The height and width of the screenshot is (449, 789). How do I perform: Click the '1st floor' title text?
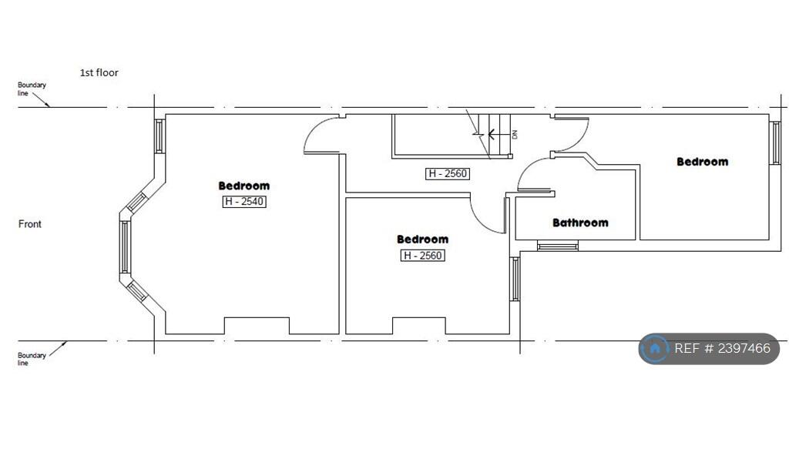(x=99, y=72)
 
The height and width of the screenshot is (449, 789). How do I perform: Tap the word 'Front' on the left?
(x=30, y=224)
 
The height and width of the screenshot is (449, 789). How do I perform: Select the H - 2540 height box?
(x=244, y=202)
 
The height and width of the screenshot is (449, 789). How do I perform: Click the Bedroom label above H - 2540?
(x=244, y=186)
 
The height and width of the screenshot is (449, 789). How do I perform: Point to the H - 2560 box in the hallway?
(x=448, y=173)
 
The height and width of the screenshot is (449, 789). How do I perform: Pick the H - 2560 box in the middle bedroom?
(x=422, y=256)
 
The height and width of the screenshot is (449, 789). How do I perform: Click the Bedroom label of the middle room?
(x=422, y=240)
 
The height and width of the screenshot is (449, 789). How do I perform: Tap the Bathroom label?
(x=580, y=223)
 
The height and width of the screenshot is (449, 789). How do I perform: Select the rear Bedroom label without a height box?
(x=702, y=162)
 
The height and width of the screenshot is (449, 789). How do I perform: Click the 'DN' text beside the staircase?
(x=514, y=134)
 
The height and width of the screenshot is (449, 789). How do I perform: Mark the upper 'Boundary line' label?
(x=32, y=89)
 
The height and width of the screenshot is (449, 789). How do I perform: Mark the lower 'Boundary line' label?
(x=32, y=359)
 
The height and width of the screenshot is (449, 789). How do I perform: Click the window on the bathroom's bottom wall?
(x=557, y=246)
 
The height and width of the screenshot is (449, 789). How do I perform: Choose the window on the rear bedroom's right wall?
(x=776, y=143)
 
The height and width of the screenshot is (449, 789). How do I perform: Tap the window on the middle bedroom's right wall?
(x=515, y=279)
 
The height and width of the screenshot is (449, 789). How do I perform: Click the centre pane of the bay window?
(x=124, y=246)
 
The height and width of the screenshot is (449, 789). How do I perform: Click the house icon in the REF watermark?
(x=655, y=349)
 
